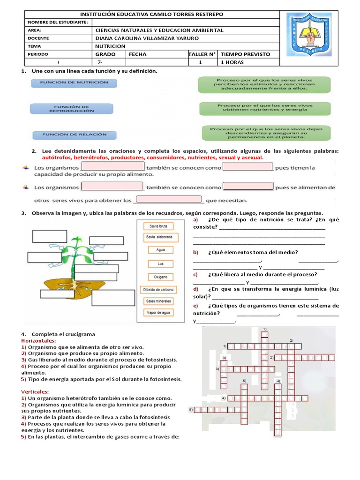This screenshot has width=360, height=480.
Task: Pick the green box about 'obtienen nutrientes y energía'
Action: pos(265,108)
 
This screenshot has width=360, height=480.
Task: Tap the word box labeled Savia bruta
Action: pos(158,226)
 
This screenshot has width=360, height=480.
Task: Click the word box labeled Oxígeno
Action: pos(158,277)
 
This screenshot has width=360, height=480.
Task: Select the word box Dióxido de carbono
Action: pos(158,290)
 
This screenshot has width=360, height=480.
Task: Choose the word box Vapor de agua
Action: pos(158,313)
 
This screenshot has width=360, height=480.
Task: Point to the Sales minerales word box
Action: pos(158,301)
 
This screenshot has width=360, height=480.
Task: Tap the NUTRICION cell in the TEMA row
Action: pos(110,46)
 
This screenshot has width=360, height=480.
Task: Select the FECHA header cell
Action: pos(137,54)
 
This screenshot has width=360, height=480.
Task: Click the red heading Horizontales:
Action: pos(39,340)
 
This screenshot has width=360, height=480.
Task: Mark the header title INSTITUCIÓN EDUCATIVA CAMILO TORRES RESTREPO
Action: pos(152,15)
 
